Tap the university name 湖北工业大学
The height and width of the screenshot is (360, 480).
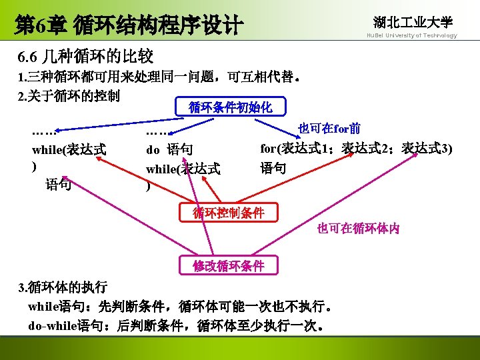click(413, 22)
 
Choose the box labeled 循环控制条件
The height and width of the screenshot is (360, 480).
click(229, 213)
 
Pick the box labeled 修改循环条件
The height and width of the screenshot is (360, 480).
click(229, 265)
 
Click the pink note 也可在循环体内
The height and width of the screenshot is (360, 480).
click(358, 229)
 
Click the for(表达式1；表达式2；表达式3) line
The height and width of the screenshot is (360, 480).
click(356, 148)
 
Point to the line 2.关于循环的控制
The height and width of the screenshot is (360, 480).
click(69, 96)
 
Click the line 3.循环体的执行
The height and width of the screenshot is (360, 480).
click(63, 288)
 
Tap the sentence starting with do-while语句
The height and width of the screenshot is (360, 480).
click(177, 326)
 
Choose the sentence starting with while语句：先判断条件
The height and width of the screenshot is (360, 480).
click(179, 307)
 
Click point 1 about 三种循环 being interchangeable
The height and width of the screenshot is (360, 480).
click(160, 77)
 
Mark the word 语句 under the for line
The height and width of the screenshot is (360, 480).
click(273, 168)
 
